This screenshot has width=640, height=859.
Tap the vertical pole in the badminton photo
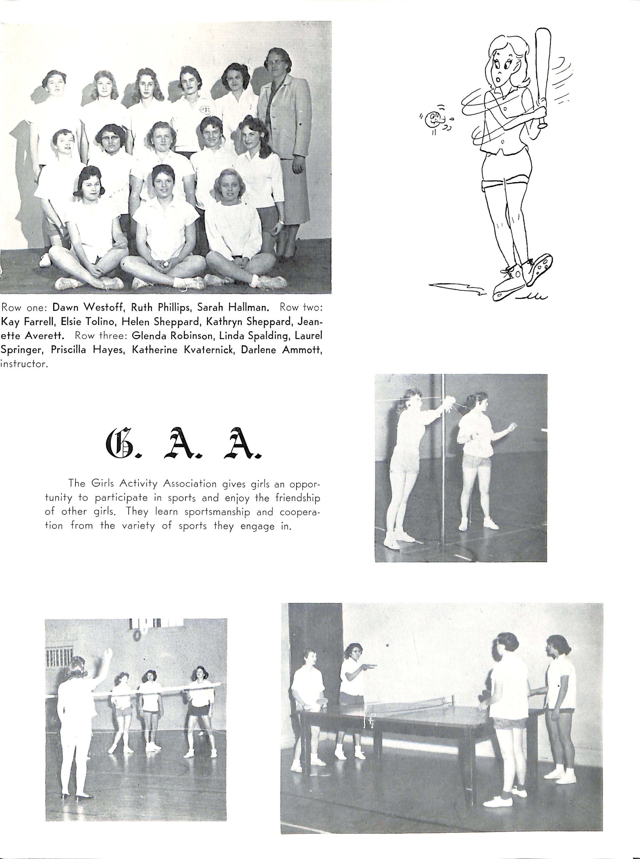point(443,465)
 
